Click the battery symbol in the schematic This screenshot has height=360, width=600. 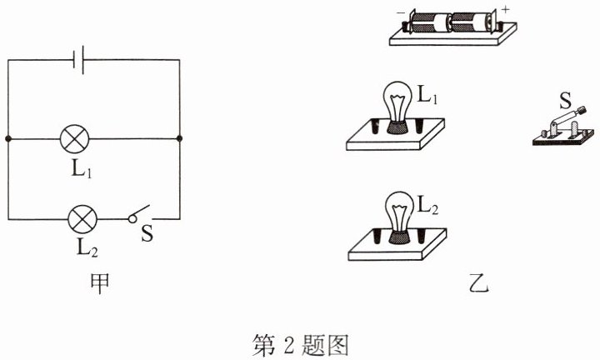point(79,60)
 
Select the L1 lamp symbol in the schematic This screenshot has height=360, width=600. point(75,138)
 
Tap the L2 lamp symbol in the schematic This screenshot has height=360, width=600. point(82,219)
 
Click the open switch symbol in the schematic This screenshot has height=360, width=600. point(138,214)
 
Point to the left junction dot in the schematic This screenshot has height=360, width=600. point(8,138)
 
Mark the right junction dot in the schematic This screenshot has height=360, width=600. point(179,138)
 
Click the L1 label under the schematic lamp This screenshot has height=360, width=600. point(82,168)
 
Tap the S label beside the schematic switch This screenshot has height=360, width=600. point(147,232)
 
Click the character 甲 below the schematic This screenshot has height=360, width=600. point(99,283)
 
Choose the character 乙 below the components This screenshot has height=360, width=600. point(478,283)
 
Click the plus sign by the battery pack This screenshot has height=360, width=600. point(506,9)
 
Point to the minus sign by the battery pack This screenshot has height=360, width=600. point(401,12)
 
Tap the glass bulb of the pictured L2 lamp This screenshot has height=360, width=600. point(399,211)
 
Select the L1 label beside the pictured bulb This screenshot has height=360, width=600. point(427,94)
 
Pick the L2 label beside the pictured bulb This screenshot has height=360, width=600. point(427,204)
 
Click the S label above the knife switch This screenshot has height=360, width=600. point(565,101)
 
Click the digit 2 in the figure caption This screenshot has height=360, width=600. point(288,345)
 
